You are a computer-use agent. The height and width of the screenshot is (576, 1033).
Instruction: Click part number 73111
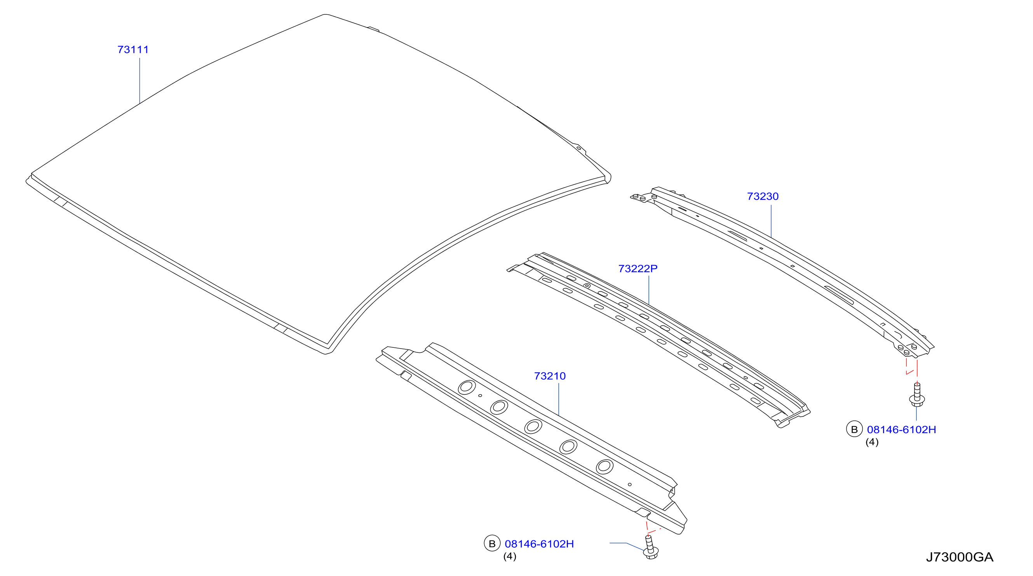click(x=133, y=50)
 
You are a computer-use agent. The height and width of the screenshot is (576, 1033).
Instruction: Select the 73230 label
click(x=763, y=196)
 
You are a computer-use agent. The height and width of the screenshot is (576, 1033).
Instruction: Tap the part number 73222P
click(x=638, y=268)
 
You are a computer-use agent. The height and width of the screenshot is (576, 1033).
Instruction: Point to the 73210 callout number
click(x=550, y=376)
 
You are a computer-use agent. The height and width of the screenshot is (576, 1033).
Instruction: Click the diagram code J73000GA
click(x=960, y=557)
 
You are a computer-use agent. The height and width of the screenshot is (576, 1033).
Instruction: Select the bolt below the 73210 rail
click(x=650, y=547)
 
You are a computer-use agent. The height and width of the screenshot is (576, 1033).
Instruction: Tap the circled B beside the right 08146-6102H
click(x=854, y=429)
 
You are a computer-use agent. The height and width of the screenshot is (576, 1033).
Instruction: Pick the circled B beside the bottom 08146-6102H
click(x=492, y=543)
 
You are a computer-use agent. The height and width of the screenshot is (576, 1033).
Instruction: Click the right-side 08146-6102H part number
click(x=901, y=429)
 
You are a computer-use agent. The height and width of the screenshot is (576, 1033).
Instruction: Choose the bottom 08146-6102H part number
click(x=539, y=543)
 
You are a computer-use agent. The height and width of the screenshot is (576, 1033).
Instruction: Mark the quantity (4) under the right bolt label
click(x=872, y=442)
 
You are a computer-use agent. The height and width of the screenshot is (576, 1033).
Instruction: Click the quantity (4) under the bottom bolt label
click(x=510, y=556)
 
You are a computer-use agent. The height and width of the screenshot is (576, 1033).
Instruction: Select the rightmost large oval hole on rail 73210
click(x=604, y=467)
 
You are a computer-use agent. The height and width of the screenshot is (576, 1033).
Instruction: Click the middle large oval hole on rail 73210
click(x=533, y=426)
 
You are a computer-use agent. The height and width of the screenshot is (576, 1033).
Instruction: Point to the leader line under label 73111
click(x=139, y=81)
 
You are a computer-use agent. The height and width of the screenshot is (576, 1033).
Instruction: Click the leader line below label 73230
click(x=771, y=221)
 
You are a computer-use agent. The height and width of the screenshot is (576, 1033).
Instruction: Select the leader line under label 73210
click(x=559, y=399)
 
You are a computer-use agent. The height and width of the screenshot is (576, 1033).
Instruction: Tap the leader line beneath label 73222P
click(x=648, y=290)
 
